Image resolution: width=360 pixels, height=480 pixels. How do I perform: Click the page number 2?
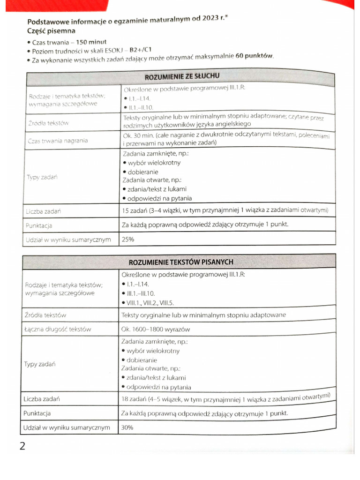(x=22, y=445)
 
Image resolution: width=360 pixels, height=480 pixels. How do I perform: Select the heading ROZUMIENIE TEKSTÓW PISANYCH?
(x=180, y=262)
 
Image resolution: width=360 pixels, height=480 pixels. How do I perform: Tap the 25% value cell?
(x=128, y=239)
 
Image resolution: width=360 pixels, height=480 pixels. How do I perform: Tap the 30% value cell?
(x=127, y=427)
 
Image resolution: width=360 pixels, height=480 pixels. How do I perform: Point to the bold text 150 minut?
(x=99, y=42)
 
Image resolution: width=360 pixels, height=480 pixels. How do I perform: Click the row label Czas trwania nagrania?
(x=58, y=141)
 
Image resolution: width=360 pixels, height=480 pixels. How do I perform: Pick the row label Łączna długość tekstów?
(x=58, y=329)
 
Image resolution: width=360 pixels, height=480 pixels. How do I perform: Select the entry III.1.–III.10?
(x=141, y=293)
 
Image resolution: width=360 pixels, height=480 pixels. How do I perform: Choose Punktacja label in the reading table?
(x=37, y=413)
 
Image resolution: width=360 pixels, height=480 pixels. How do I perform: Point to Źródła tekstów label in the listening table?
(x=48, y=123)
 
